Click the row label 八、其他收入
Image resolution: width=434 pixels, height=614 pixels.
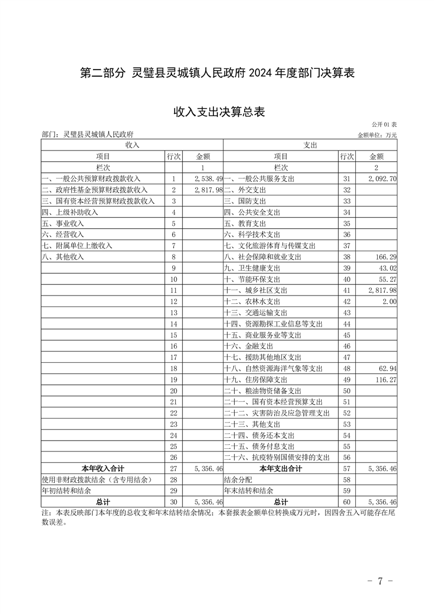(x=63, y=257)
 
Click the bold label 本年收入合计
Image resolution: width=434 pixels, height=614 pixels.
(x=103, y=468)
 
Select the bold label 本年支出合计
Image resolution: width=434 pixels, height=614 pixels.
(x=281, y=468)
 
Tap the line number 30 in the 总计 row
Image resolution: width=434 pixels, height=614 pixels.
(x=174, y=502)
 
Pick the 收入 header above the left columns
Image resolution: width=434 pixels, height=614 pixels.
(x=132, y=145)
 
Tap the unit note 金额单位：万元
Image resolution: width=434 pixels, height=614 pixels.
(x=377, y=135)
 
